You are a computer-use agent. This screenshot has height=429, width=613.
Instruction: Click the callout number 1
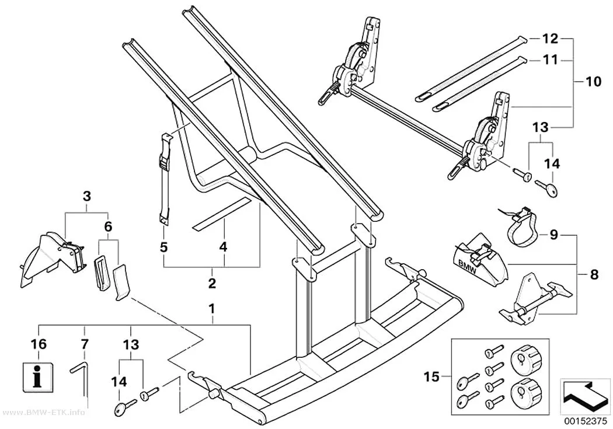[x=211, y=309]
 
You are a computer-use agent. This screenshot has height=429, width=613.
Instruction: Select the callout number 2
[x=212, y=283]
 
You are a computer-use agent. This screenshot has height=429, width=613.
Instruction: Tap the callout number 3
[x=87, y=196]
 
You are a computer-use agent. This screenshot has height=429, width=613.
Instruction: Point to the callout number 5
[x=163, y=247]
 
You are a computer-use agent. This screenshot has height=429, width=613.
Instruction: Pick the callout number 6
[x=108, y=226]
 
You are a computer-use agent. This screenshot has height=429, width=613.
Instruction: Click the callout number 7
[x=85, y=344]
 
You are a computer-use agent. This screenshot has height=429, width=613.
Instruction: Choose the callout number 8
[x=594, y=275]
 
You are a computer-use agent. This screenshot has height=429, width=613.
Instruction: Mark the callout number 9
[x=553, y=235]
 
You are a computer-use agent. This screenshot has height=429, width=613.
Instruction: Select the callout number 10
[x=594, y=82]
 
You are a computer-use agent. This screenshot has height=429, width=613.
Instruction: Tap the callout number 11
[x=550, y=60]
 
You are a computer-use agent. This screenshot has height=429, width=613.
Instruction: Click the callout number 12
[x=550, y=39]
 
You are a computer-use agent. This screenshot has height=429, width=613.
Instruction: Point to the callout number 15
[x=431, y=377]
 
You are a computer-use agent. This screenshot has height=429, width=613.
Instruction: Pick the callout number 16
[x=39, y=344]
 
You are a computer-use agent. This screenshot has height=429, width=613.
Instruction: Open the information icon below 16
[x=37, y=375]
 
